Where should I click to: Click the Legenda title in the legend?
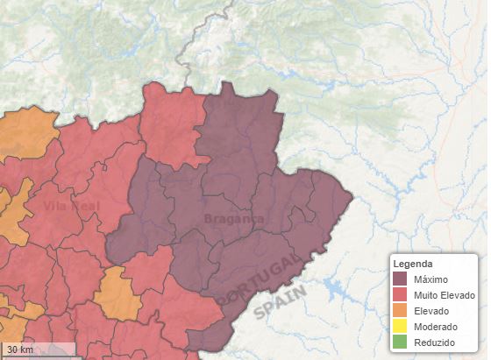(x=412, y=264)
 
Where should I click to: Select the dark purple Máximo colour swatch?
(x=400, y=279)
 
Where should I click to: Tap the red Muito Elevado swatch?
(x=400, y=295)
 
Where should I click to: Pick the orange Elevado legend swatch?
(x=400, y=311)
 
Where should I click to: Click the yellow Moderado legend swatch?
(x=400, y=327)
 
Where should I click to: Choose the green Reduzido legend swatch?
(x=400, y=342)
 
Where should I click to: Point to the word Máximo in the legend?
(x=431, y=279)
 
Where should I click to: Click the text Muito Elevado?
(x=445, y=295)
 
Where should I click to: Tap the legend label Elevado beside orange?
(x=431, y=311)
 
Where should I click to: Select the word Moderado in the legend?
(x=435, y=327)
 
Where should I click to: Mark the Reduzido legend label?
(x=434, y=342)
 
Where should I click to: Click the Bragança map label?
(x=233, y=218)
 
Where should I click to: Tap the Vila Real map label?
(x=71, y=207)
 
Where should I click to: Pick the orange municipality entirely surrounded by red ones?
(x=117, y=293)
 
